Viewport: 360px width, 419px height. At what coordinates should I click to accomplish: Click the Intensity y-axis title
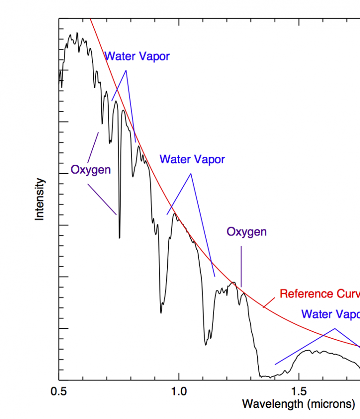point(40,199)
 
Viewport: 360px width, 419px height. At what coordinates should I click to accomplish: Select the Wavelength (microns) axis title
point(298,404)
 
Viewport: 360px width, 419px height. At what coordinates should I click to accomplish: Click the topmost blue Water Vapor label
point(137,57)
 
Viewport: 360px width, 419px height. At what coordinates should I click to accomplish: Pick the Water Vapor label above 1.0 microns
point(192,159)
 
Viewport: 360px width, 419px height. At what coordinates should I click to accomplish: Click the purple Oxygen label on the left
point(91,169)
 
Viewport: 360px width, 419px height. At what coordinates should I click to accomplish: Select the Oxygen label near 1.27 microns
point(247,231)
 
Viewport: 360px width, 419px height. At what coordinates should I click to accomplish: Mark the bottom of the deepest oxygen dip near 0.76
point(120,237)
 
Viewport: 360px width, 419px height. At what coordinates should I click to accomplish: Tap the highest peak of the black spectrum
point(77,33)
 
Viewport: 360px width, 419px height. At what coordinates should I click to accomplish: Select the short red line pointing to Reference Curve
point(270,302)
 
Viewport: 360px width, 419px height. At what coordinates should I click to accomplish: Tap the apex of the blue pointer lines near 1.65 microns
point(334,328)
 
